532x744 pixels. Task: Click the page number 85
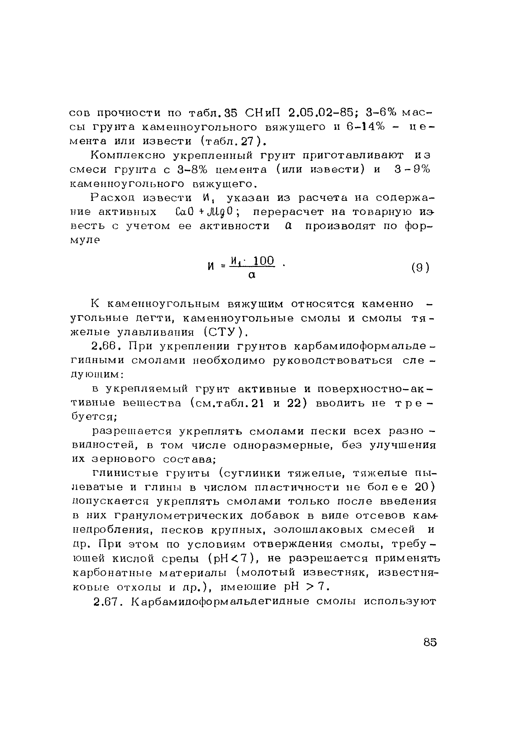pyautogui.click(x=430, y=642)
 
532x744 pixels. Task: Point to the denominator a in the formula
pyautogui.click(x=251, y=275)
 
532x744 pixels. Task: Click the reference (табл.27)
pyautogui.click(x=232, y=141)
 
